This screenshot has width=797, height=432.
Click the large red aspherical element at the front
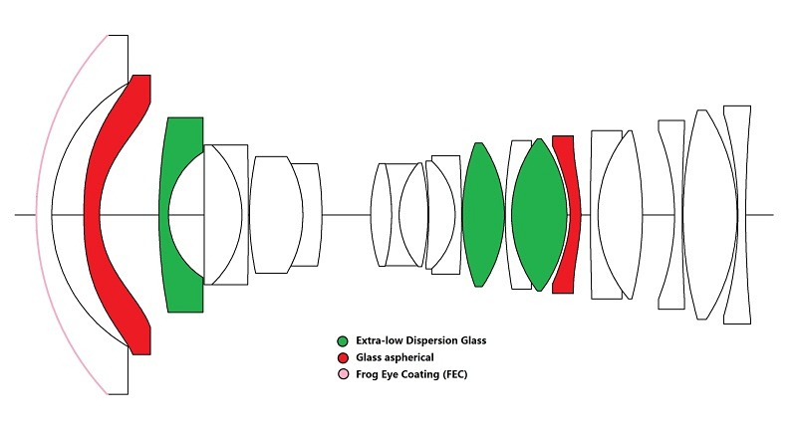coord(92,215)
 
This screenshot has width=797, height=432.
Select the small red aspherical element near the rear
coord(575,215)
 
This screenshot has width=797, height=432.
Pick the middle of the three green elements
coord(483,215)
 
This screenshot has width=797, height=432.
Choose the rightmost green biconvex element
coord(539,215)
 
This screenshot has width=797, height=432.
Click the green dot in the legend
coord(343,341)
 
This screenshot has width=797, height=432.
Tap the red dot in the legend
coord(343,358)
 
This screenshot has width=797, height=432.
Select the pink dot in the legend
coord(344,374)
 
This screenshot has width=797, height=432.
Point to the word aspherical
coord(408,358)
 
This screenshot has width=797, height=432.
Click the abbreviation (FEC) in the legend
coord(455,374)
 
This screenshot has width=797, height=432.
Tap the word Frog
coord(367,375)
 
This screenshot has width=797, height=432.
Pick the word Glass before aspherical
coord(368,357)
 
